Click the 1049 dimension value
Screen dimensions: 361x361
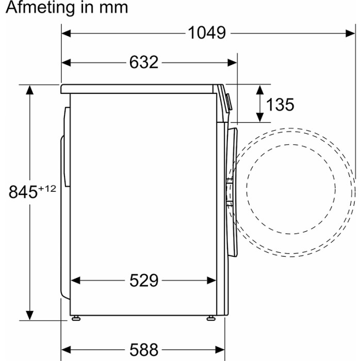(x=207, y=32)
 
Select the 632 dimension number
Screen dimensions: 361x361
(x=144, y=62)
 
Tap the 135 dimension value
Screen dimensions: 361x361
(x=280, y=105)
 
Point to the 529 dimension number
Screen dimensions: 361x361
(x=144, y=280)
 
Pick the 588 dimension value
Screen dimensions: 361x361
(x=144, y=350)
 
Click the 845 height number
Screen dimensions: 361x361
(x=23, y=192)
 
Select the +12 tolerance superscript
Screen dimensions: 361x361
(x=47, y=189)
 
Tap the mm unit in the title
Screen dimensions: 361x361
(x=114, y=8)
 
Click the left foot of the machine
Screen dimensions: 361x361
(x=76, y=318)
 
